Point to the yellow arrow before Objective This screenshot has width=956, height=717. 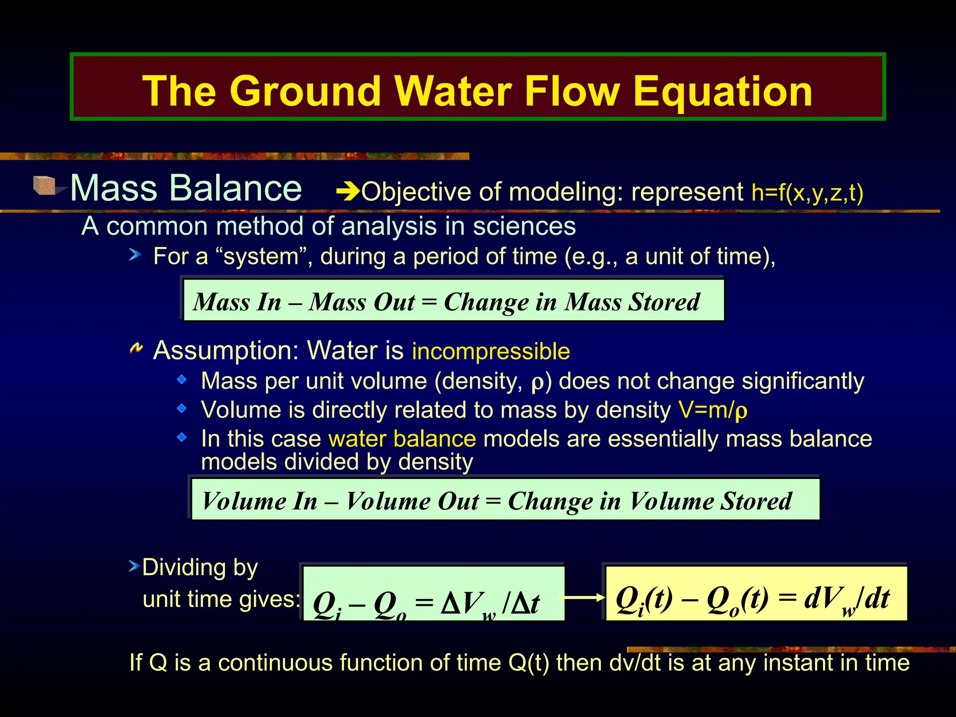348,191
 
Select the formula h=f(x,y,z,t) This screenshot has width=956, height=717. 807,192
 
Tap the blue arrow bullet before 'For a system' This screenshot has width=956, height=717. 135,255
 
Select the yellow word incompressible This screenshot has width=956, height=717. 491,351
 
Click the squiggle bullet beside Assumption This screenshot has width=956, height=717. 136,348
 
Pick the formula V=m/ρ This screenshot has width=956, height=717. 713,410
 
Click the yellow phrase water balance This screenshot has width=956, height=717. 402,439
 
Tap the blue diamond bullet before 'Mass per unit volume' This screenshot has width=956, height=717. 182,380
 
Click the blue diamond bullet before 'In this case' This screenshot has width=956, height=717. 182,437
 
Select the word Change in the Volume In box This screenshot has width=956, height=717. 550,501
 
